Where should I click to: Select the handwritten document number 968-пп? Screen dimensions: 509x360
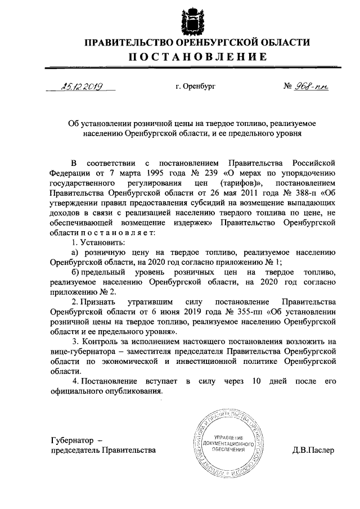click(x=313, y=87)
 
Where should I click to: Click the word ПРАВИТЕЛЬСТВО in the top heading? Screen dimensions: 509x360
click(x=133, y=42)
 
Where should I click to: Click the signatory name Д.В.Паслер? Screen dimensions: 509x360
click(x=313, y=450)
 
